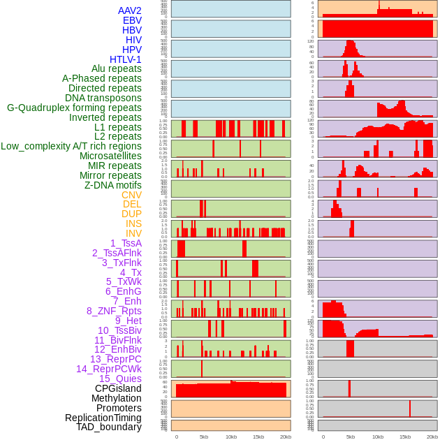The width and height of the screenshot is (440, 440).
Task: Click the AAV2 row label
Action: [x=129, y=10]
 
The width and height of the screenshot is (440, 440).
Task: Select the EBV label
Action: [x=132, y=20]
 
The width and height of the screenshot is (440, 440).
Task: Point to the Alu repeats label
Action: [x=116, y=69]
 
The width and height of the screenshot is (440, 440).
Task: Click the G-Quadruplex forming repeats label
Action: [x=74, y=108]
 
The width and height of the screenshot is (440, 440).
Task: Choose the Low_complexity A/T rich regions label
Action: [x=71, y=146]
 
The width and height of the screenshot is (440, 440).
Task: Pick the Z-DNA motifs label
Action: [x=112, y=185]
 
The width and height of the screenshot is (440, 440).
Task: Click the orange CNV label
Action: [x=131, y=195]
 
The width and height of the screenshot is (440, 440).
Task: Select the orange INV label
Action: [x=133, y=233]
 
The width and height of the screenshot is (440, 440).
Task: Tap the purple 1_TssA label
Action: [x=126, y=243]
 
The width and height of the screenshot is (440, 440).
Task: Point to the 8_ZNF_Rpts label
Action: [x=114, y=311]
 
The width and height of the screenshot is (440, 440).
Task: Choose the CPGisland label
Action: [x=118, y=388]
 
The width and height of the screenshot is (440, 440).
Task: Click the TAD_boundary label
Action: [x=108, y=427]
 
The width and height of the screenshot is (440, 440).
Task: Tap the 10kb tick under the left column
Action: [x=230, y=437]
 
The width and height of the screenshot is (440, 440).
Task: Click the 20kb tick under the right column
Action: [x=432, y=437]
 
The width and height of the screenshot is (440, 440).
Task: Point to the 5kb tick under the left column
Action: [x=204, y=437]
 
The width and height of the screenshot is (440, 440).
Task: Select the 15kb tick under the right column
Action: [x=405, y=437]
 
